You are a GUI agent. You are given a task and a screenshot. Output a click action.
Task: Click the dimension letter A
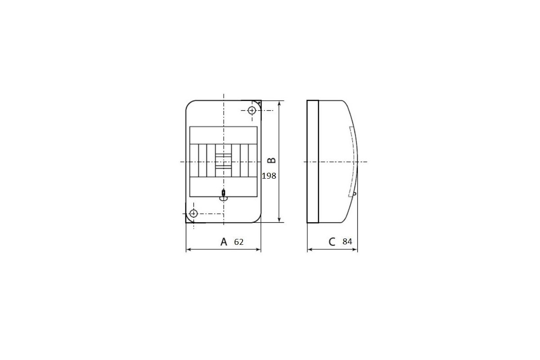224,242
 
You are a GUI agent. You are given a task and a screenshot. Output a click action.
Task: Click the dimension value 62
238,242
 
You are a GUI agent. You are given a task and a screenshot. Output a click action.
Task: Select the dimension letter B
272,160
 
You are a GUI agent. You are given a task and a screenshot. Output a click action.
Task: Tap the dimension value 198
269,176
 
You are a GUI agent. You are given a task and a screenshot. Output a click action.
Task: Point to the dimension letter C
332,242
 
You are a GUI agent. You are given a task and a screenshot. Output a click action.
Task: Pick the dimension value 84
347,241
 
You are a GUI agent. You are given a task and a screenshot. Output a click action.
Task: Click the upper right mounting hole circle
252,110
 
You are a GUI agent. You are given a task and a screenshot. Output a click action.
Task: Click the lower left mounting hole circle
193,213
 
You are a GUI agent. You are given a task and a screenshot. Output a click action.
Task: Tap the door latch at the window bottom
224,195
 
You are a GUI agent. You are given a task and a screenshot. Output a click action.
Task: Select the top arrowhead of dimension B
279,103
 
